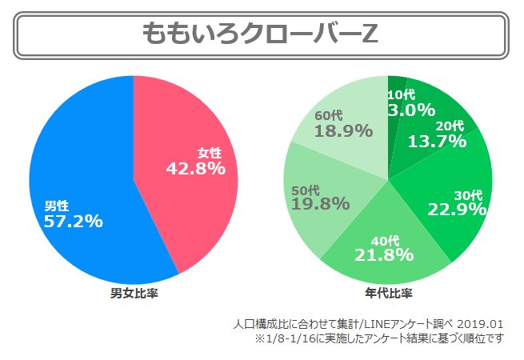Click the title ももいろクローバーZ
tap(261, 34)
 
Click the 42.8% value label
tap(196, 169)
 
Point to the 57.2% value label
tap(74, 222)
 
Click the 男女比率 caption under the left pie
tap(134, 293)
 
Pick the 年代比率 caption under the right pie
tap(388, 293)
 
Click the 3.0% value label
tap(410, 110)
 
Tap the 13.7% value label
tap(437, 142)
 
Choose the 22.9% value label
tap(458, 210)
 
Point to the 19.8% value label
tap(320, 203)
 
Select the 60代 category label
tap(328, 115)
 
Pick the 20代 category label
tap(450, 126)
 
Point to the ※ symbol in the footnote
tap(261, 338)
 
